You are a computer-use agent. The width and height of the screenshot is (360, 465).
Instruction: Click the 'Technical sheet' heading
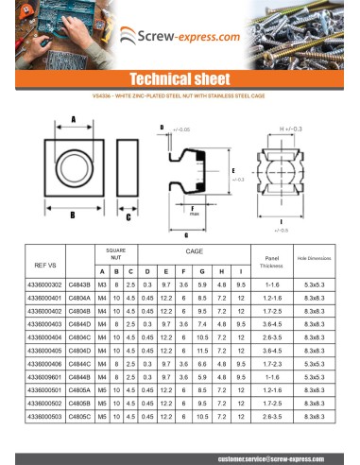tap(180, 78)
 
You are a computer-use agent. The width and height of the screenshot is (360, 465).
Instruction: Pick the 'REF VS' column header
tap(45, 264)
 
